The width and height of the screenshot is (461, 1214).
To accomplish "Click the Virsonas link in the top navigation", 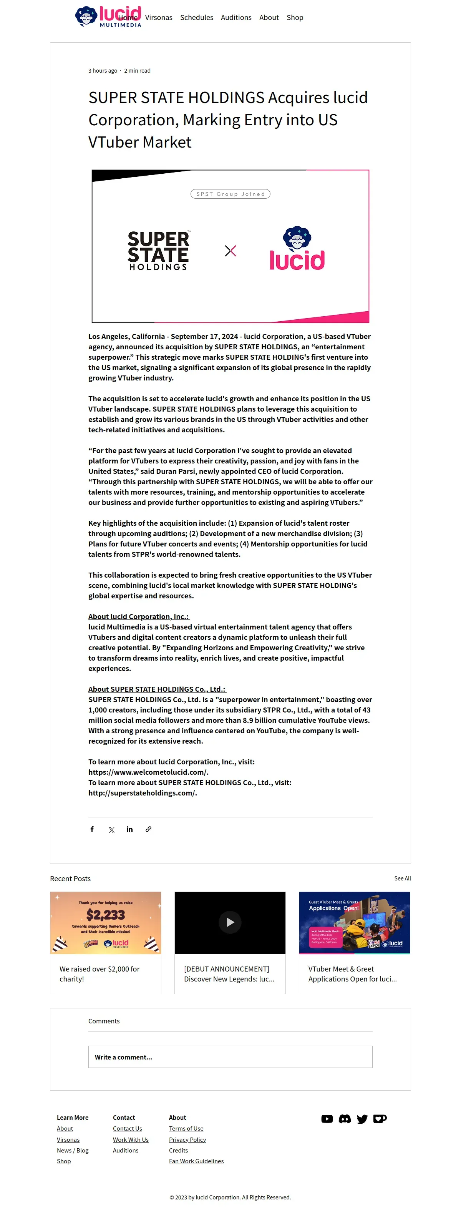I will tap(158, 17).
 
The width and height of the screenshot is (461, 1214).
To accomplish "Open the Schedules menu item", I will tap(196, 17).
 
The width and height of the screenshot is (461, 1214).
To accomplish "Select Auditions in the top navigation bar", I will tap(236, 17).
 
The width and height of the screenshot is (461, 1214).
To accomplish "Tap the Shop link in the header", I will tap(295, 17).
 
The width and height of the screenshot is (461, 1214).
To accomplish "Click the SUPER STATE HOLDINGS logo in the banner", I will tap(158, 251).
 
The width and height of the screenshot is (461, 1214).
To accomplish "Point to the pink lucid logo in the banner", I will tap(297, 250).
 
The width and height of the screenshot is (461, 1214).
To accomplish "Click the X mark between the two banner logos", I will tap(230, 251).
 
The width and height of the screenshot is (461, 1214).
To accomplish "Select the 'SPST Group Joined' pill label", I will tap(230, 194).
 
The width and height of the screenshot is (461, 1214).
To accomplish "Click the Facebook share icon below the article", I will tap(92, 829).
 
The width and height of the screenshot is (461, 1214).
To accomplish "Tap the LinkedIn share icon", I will tap(129, 829).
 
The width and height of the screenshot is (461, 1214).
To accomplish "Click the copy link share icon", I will tap(148, 829).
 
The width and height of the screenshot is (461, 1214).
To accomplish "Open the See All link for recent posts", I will tap(402, 879).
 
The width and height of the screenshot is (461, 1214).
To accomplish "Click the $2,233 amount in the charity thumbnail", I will tap(106, 915).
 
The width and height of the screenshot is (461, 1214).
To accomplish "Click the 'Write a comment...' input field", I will tap(230, 1057).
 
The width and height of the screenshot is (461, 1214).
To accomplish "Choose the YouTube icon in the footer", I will tap(327, 1119).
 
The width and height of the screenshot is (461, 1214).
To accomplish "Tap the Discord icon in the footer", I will tap(345, 1119).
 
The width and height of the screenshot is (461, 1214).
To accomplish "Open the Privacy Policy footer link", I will tap(187, 1139).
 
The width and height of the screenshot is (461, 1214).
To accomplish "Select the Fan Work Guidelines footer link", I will tap(196, 1161).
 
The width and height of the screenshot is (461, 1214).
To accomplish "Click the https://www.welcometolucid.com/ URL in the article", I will tap(148, 772).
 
